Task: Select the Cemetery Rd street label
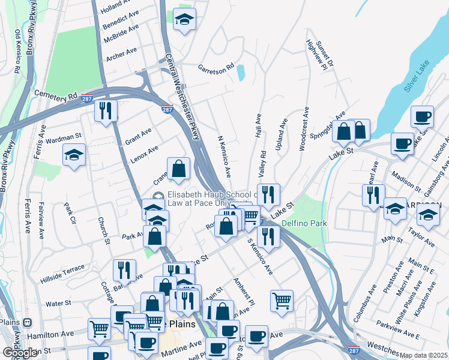coord(56,95)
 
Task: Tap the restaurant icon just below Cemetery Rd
coord(106,110)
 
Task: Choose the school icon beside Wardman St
coord(74,155)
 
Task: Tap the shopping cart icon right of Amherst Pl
coord(282,300)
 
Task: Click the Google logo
coord(20,353)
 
